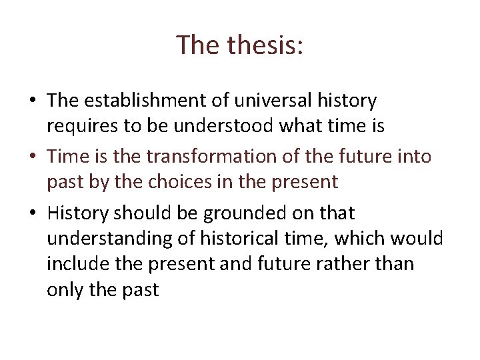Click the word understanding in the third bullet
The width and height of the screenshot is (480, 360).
(107, 238)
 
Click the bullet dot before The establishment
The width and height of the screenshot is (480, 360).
(32, 101)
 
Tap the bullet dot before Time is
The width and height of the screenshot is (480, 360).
(32, 157)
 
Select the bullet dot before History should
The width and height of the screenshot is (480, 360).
(32, 214)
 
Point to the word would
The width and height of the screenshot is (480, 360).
(418, 238)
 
